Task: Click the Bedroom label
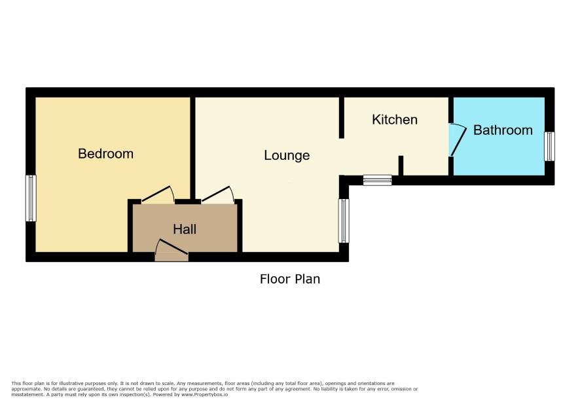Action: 106,154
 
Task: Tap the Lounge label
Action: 287,155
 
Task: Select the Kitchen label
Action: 395,120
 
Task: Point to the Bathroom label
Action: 503,130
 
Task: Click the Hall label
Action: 185,229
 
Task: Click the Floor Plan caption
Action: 290,279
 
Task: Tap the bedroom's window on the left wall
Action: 31,198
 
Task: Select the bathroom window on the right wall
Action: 550,146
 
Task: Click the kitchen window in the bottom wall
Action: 377,180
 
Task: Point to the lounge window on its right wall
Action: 344,221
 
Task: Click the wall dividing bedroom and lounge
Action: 192,148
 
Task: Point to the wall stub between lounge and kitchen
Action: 342,118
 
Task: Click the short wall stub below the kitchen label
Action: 401,166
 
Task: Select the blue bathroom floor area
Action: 499,136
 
